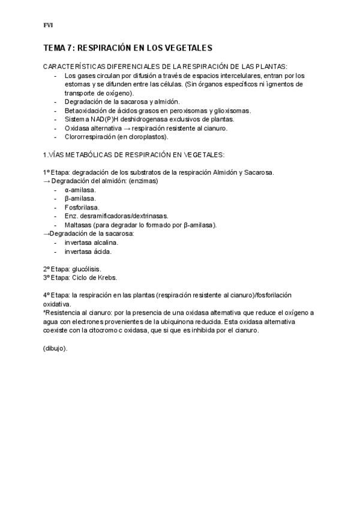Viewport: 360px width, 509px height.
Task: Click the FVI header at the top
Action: pyautogui.click(x=48, y=25)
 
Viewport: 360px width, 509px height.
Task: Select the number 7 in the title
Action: pyautogui.click(x=71, y=47)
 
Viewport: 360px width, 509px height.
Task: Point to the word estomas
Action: pyautogui.click(x=77, y=85)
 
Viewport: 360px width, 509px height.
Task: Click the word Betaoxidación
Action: pyautogui.click(x=86, y=110)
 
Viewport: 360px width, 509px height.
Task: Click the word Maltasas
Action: pyautogui.click(x=79, y=224)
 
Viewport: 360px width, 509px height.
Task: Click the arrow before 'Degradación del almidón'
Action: pyautogui.click(x=47, y=181)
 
